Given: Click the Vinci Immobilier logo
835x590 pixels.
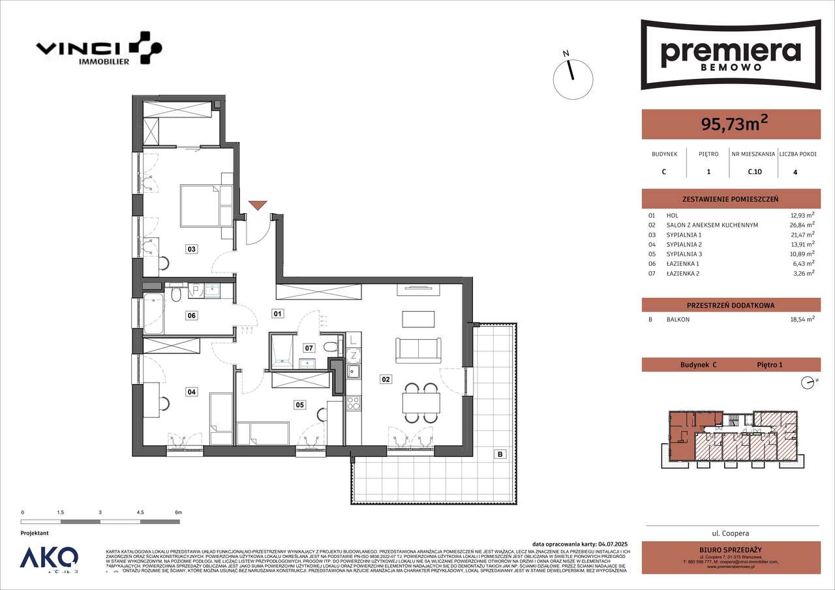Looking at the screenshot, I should pos(99,50).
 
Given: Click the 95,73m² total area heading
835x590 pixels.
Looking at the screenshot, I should pos(731,124).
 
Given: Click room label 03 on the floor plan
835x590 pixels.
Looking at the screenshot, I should pos(191,248).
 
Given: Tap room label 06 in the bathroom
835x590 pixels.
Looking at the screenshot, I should pos(191,316).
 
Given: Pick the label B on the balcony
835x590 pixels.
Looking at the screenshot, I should pos(499,454).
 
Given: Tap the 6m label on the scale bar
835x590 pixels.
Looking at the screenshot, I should pos(179,513).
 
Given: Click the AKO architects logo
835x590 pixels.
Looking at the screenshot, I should pos(49,559).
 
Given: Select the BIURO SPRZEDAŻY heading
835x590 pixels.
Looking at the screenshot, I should pos(731,549).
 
